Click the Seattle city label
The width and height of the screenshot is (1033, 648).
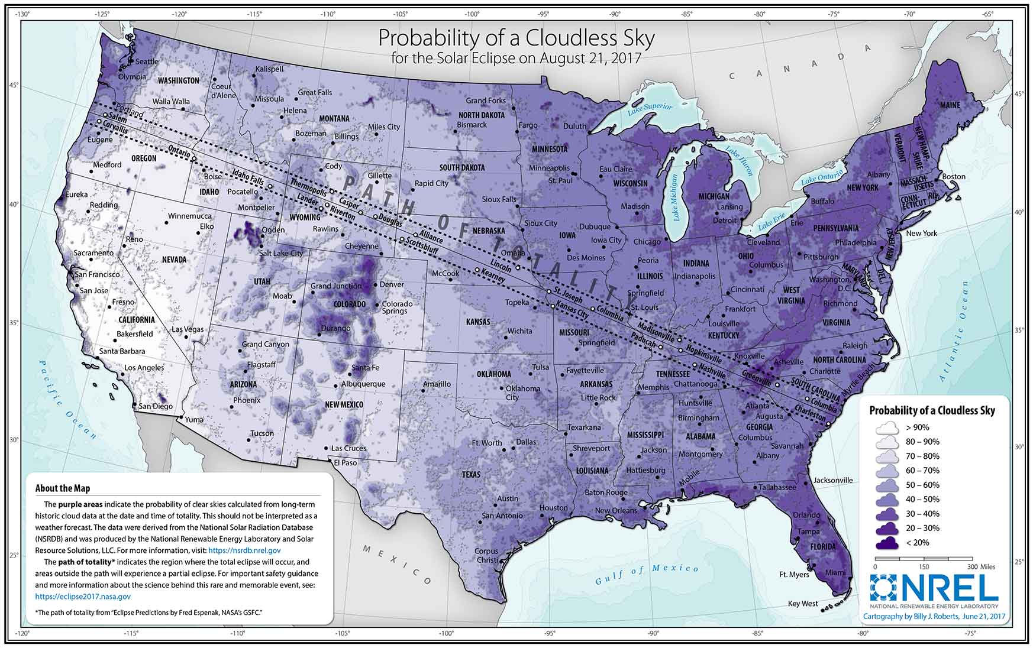click(x=147, y=61)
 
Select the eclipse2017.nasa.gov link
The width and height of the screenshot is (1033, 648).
click(x=83, y=597)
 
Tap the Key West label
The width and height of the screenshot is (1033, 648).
click(x=803, y=604)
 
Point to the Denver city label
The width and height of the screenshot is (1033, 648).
click(x=391, y=284)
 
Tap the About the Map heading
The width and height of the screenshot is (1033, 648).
click(x=63, y=488)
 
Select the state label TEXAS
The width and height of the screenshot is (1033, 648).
click(x=472, y=474)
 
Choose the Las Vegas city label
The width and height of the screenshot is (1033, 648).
click(x=188, y=329)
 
